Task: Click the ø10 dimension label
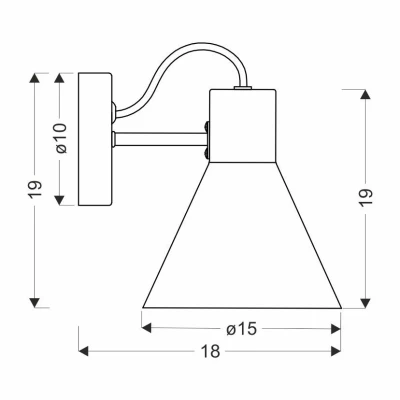point(61,137)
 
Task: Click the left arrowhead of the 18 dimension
point(83,351)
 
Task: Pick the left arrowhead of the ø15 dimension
point(146,326)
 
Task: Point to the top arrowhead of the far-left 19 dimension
point(36,77)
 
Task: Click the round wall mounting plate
point(97,139)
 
